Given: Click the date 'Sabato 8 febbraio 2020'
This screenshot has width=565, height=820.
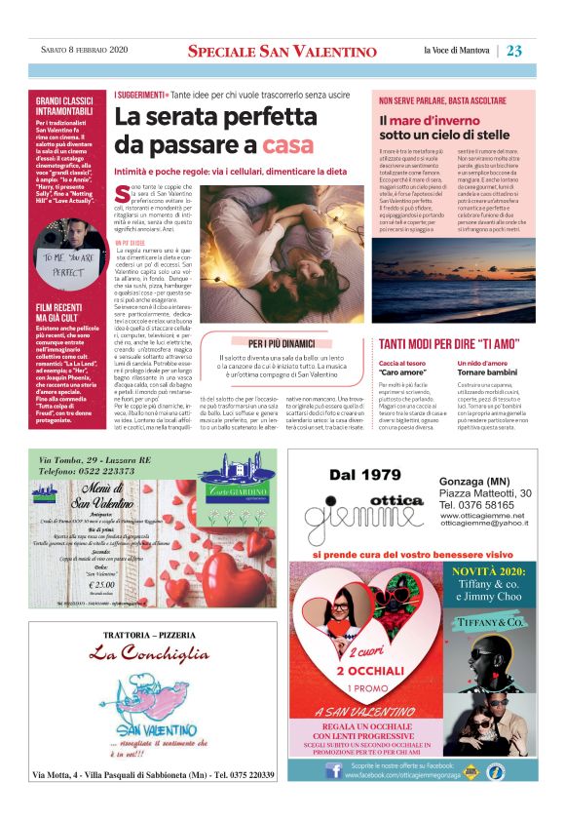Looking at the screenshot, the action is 76,51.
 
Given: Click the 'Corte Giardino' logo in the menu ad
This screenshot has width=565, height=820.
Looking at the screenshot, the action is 227,485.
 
